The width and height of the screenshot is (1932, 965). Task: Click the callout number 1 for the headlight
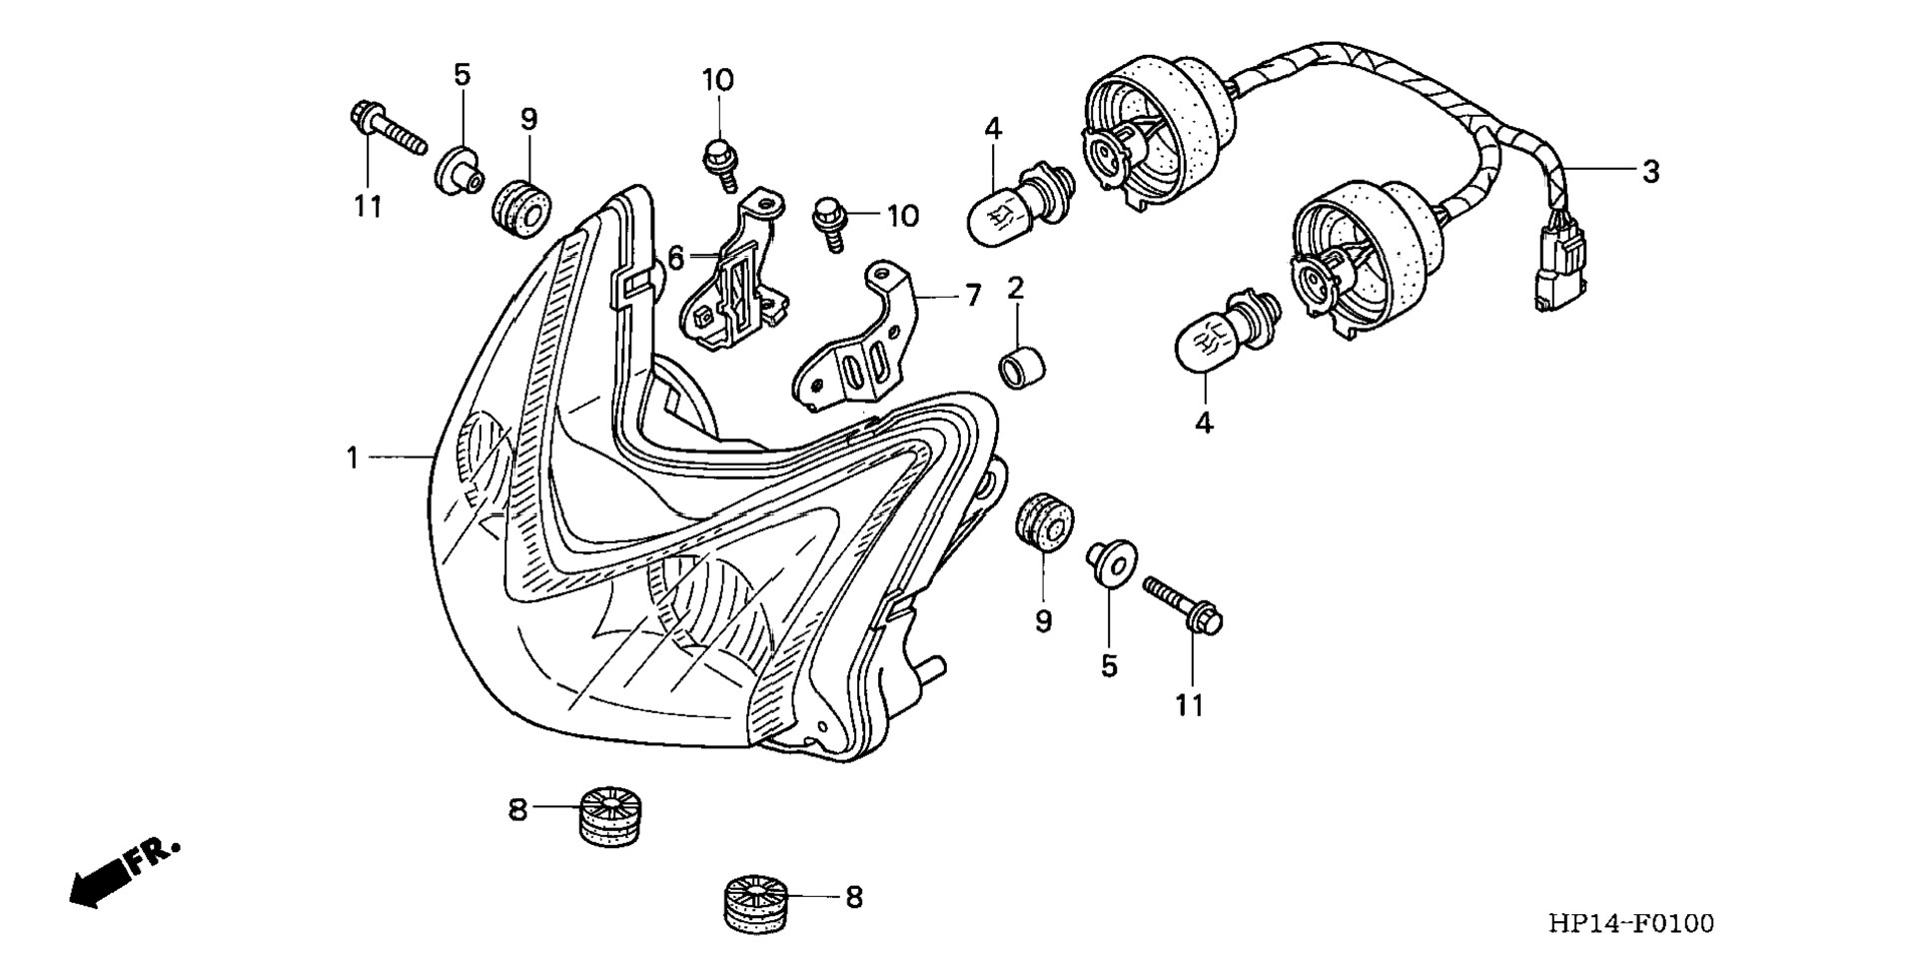click(352, 458)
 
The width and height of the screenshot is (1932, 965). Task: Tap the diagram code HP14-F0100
click(1630, 923)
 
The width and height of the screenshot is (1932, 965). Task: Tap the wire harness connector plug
click(1559, 271)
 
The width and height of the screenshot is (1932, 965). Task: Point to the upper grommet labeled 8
click(610, 814)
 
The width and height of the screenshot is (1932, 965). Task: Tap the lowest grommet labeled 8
click(756, 904)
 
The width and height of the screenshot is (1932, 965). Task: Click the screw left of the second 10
click(829, 223)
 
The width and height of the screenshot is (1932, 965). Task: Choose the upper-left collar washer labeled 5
click(459, 170)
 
